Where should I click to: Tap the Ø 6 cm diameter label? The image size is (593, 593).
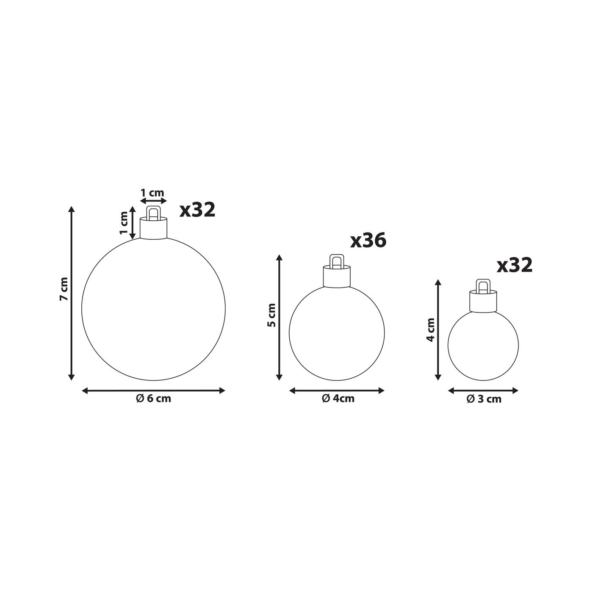point(153,399)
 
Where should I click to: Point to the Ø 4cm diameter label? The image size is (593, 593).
point(338,399)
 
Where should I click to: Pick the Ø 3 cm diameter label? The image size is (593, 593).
point(484,399)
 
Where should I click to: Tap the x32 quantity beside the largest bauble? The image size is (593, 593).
point(197,210)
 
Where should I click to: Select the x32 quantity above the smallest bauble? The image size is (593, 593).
point(515,265)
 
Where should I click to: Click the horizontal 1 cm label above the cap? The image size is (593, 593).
point(152,193)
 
